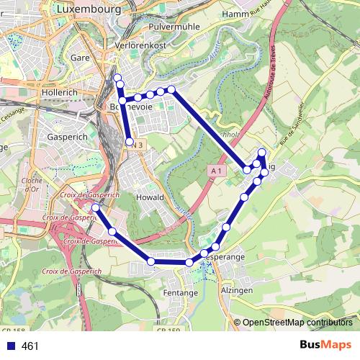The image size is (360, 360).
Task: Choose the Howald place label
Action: coord(150,197)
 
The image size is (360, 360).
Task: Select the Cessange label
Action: coord(13,113)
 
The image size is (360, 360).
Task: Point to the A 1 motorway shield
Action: coord(217,171)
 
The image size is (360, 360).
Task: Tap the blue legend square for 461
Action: coord(9,346)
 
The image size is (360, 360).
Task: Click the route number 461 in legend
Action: coord(30,346)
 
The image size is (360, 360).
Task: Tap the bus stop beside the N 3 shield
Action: coord(129,143)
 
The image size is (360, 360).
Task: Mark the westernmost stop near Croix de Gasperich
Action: coord(96,207)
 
